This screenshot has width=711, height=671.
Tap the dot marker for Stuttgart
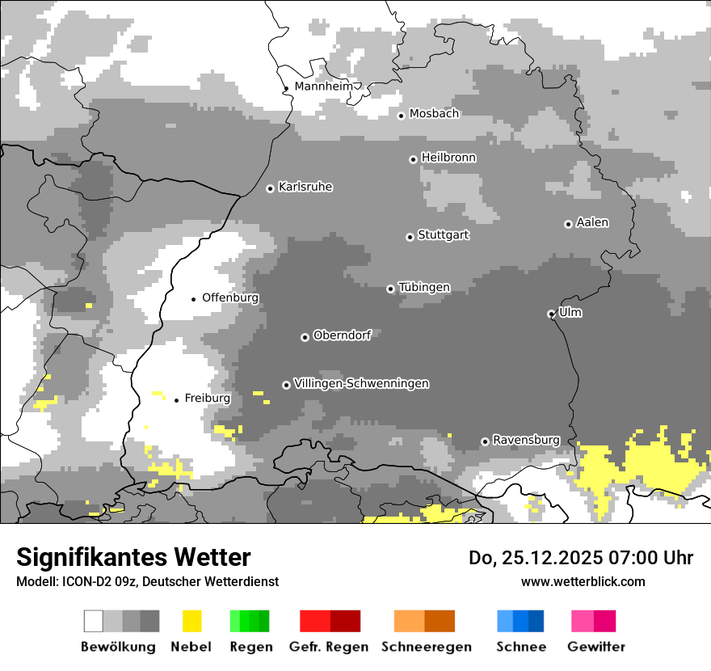(410, 237)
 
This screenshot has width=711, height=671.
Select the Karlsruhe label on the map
(305, 187)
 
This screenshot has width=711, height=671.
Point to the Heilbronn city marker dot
(413, 159)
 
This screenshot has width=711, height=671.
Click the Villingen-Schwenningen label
(361, 383)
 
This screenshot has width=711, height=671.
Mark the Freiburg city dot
(176, 400)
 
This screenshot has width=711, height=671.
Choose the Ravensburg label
(526, 440)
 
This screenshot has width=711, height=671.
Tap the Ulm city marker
(551, 314)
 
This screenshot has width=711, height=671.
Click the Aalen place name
(592, 222)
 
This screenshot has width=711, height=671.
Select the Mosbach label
(434, 114)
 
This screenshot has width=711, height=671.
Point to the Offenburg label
(230, 298)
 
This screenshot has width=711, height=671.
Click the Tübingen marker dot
(390, 289)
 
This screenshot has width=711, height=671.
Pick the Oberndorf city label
(342, 335)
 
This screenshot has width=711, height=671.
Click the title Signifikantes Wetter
(133, 557)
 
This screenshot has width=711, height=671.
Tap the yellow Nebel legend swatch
(191, 621)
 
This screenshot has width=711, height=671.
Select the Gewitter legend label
(596, 647)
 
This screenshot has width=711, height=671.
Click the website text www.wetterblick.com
(583, 581)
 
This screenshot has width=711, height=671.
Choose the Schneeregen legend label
(426, 647)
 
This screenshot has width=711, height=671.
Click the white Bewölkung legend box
(94, 621)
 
